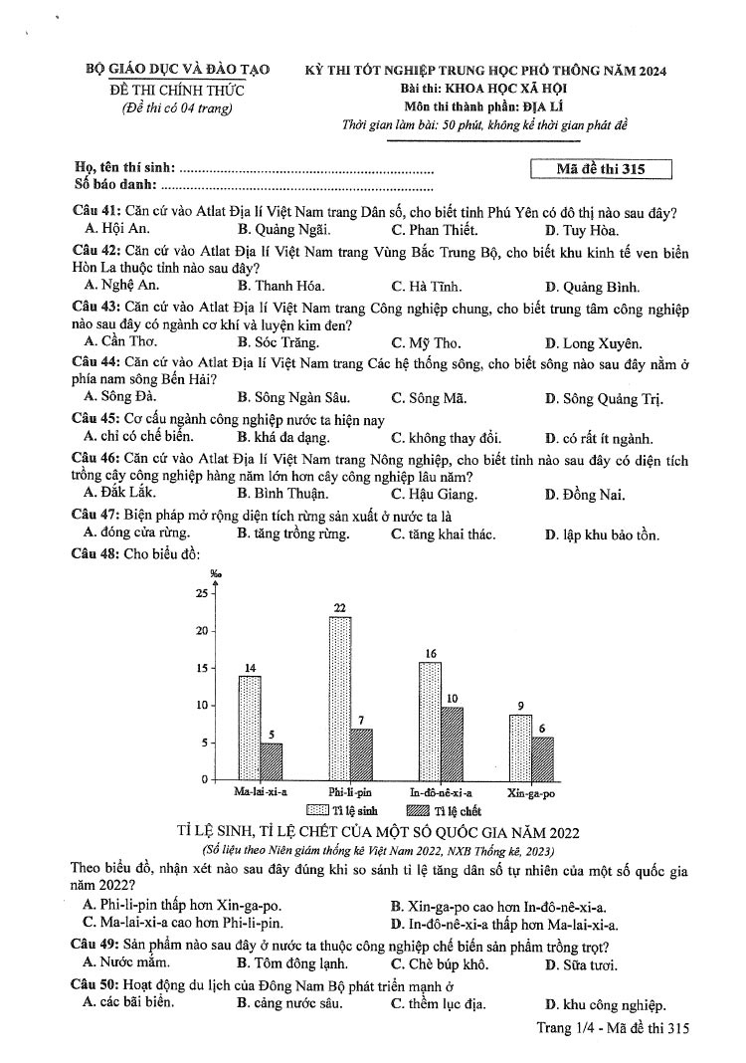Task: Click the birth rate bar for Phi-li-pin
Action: tap(340, 697)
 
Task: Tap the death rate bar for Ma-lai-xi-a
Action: tap(272, 760)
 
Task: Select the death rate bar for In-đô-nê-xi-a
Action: tap(452, 742)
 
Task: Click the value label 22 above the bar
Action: tap(339, 607)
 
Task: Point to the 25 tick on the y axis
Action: tap(203, 594)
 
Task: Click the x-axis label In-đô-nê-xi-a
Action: tap(441, 793)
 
